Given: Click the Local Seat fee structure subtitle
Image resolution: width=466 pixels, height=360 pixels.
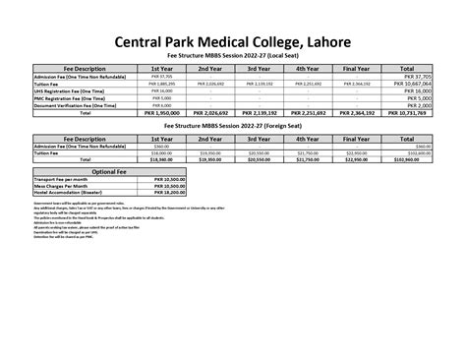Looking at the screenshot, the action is pyautogui.click(x=233, y=57).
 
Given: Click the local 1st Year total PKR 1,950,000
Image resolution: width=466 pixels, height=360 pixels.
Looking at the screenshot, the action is pyautogui.click(x=161, y=113).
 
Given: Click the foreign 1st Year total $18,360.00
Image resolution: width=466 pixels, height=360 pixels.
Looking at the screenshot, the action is pyautogui.click(x=161, y=159).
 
